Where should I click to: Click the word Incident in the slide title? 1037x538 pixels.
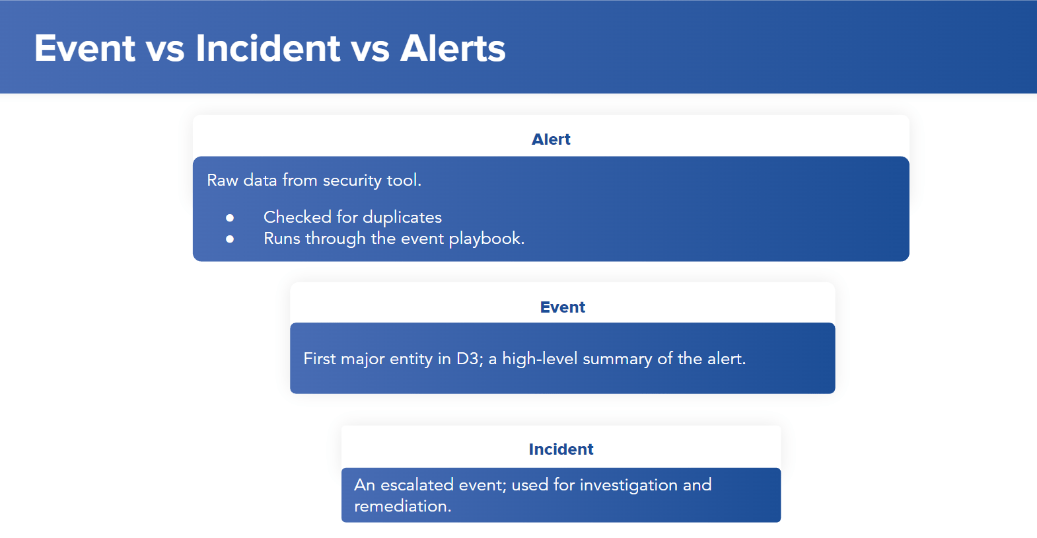point(268,48)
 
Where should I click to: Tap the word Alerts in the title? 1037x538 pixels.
point(452,48)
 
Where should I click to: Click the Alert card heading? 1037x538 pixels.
point(551,139)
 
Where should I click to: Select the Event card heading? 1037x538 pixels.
point(562,307)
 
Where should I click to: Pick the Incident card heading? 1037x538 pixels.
point(561,449)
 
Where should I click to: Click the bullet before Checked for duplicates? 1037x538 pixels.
point(230,217)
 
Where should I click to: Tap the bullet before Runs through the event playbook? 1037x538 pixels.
point(230,239)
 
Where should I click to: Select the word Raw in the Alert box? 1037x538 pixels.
point(223,180)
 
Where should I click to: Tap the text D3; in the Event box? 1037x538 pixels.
point(470,359)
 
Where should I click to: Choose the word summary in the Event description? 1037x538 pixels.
point(617,359)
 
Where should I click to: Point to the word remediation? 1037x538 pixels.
point(402,506)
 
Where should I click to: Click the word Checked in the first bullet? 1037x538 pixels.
point(297,217)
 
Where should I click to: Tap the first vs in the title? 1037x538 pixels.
point(165,48)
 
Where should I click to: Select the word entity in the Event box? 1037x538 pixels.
point(411,359)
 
